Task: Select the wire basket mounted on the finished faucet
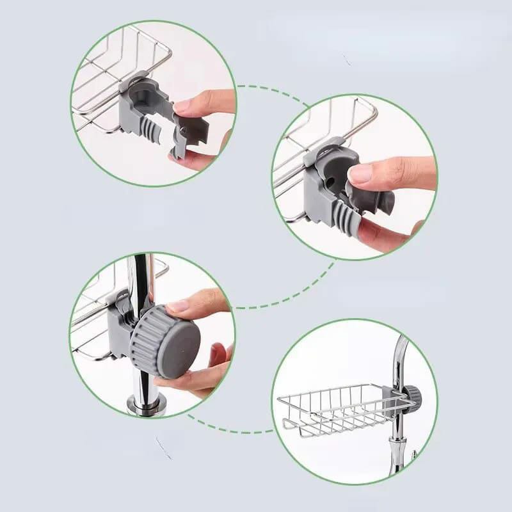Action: [333, 410]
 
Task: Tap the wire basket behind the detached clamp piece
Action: [115, 83]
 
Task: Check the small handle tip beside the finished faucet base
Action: [415, 454]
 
